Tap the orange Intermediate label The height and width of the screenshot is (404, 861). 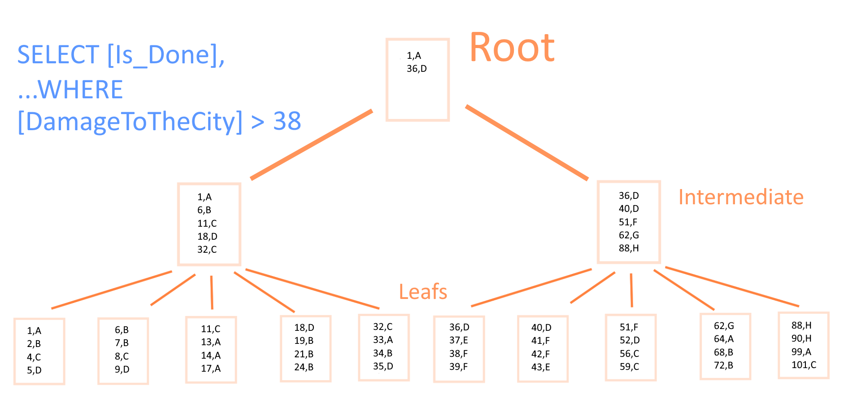click(741, 197)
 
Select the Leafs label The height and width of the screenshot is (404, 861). click(423, 292)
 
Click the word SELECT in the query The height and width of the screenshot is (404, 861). click(58, 55)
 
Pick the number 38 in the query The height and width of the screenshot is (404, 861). click(287, 121)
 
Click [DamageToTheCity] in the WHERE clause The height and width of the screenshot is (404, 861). click(130, 122)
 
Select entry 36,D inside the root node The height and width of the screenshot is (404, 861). click(417, 69)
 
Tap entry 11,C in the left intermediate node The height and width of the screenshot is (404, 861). click(207, 223)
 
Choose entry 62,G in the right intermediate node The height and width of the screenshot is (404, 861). click(629, 235)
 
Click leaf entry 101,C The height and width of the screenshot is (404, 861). click(804, 365)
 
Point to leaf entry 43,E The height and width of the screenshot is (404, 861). click(540, 367)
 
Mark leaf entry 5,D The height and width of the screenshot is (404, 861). click(34, 370)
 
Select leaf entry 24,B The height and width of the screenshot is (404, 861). click(304, 367)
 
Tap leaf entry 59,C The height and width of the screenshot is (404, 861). click(629, 367)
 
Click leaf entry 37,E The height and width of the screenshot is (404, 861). click(458, 341)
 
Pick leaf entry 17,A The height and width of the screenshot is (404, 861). click(210, 369)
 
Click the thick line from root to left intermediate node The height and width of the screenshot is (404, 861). click(312, 145)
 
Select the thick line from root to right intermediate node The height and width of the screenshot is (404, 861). click(527, 143)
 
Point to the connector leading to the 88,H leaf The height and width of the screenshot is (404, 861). click(732, 287)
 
